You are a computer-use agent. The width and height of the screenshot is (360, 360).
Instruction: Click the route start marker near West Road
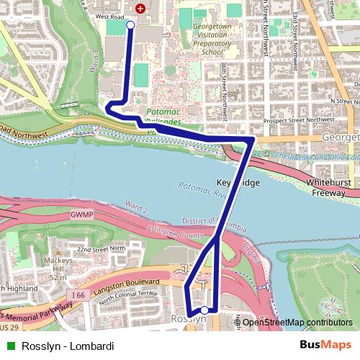(130, 25)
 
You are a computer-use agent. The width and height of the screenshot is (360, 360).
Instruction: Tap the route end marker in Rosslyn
(204, 310)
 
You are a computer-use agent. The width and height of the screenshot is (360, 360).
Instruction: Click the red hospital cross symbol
(140, 9)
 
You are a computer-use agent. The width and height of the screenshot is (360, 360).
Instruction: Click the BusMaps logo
(325, 346)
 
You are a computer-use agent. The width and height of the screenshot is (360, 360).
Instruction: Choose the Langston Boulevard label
(129, 284)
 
